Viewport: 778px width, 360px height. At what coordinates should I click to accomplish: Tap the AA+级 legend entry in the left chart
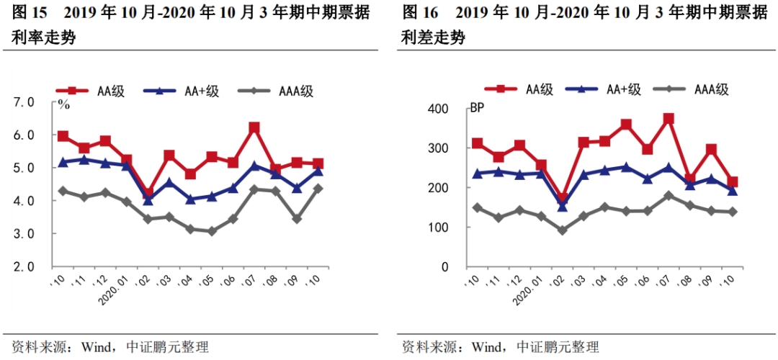click(180, 91)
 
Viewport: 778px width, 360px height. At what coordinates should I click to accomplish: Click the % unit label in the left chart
click(64, 105)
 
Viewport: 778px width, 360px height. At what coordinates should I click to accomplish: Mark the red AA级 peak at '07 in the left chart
click(254, 128)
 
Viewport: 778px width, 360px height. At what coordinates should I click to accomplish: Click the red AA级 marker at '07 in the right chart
click(668, 119)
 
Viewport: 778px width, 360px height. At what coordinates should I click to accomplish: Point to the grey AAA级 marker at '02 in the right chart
click(563, 230)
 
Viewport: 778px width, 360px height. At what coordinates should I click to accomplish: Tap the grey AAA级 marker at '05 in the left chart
click(212, 231)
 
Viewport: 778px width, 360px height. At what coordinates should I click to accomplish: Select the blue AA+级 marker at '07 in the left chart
click(254, 166)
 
